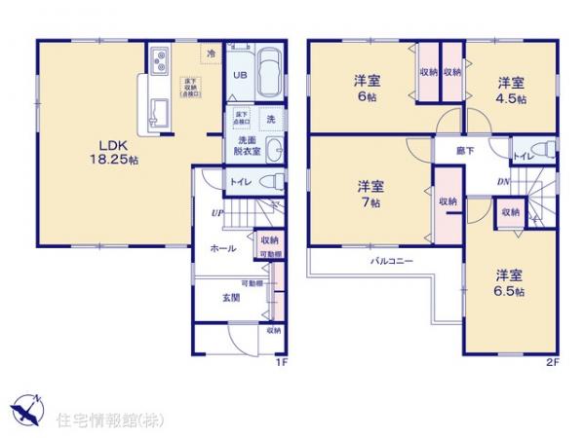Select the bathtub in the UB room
[x=269, y=70]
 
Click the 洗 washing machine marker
[x=270, y=119]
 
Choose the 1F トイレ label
[x=238, y=182]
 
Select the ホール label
[x=224, y=249]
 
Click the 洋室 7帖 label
[x=369, y=193]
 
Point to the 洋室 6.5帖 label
[x=508, y=282]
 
